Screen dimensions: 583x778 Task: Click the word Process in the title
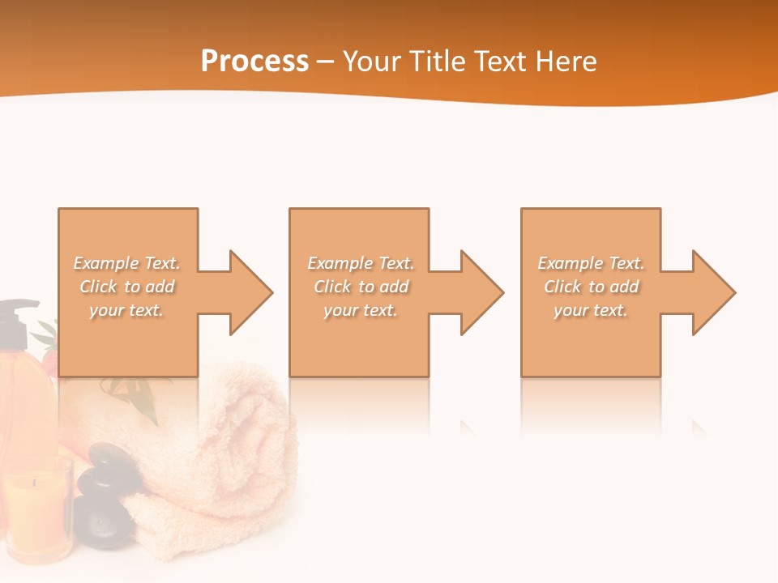pos(254,62)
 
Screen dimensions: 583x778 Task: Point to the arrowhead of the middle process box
pos(481,292)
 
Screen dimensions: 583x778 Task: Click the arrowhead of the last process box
pos(712,292)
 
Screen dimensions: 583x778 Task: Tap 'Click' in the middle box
pos(332,287)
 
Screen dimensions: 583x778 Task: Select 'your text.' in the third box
pos(591,310)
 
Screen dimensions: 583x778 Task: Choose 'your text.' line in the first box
pos(126,310)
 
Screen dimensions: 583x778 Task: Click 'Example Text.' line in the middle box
pos(361,263)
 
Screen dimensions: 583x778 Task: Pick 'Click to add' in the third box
pos(592,287)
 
